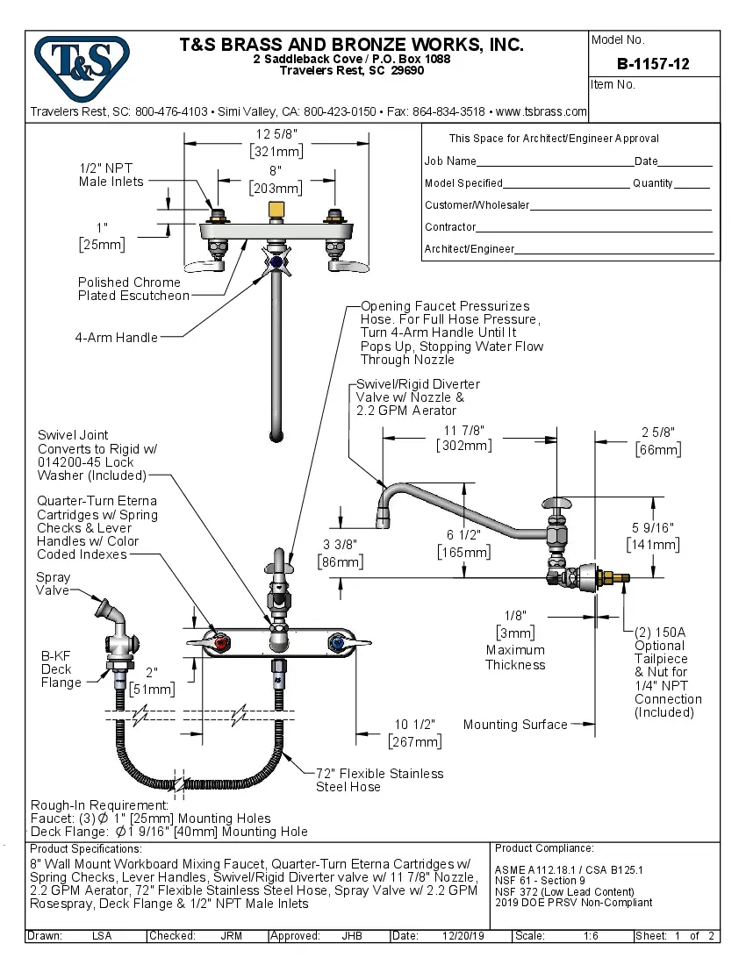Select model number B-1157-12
653,63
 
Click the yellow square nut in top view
276,210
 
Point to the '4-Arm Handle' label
116,337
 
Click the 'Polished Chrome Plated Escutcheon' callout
133,289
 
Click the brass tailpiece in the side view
615,578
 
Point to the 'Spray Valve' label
53,583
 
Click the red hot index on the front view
219,646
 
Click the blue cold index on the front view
334,646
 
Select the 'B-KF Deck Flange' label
61,668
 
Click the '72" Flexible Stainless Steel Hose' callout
379,780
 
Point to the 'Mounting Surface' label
515,724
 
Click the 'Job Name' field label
450,161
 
